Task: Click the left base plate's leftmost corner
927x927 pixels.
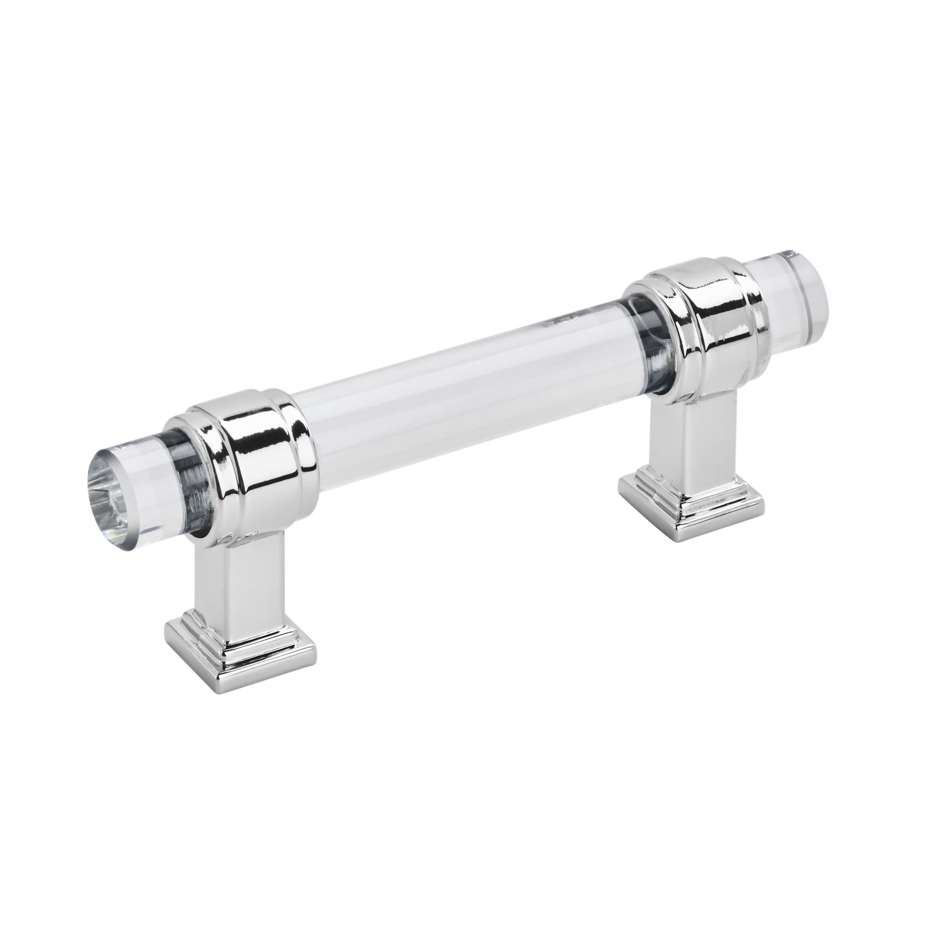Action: pyautogui.click(x=165, y=631)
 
